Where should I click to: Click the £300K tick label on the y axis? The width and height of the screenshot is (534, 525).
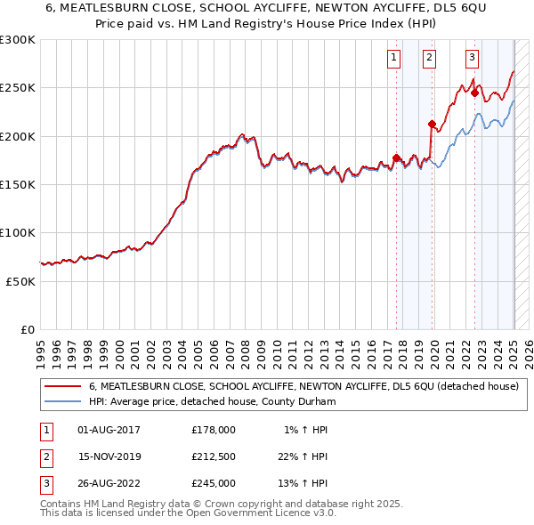coord(17,40)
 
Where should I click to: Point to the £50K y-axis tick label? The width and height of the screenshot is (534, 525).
coord(20,281)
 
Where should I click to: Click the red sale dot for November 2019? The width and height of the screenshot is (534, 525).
coord(432,124)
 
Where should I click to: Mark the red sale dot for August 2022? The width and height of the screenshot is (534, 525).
coord(475,93)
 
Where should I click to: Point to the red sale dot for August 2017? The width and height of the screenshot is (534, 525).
coord(396,158)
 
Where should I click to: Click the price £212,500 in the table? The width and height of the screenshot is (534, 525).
coord(213,456)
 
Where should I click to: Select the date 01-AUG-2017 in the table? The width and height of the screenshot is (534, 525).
coord(109,430)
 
